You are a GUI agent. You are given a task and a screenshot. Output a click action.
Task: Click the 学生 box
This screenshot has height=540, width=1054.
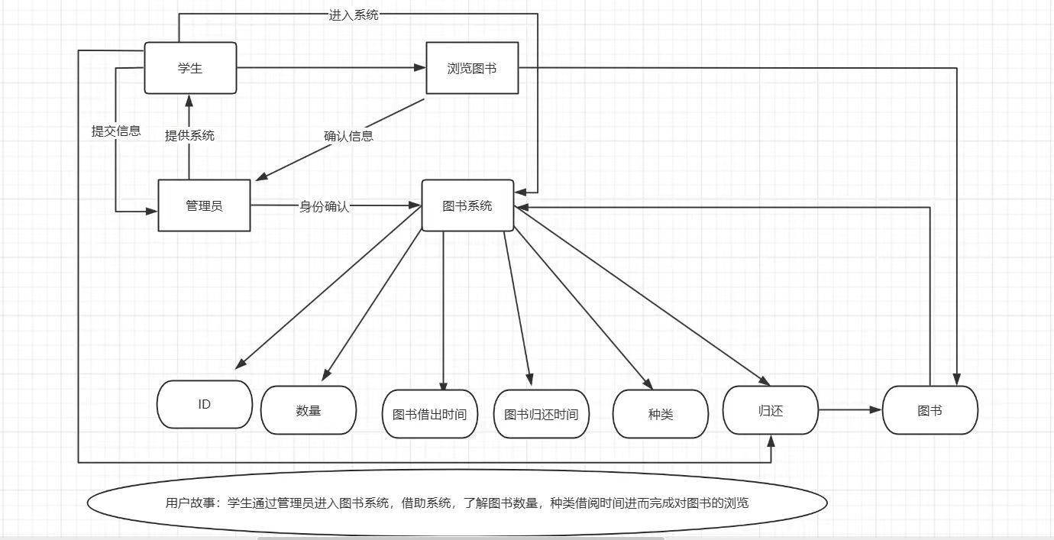pyautogui.click(x=190, y=69)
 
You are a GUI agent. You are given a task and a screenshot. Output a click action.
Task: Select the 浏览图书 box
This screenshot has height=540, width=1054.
pyautogui.click(x=471, y=69)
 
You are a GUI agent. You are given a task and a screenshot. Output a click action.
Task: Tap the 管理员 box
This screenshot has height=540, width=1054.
pyautogui.click(x=204, y=205)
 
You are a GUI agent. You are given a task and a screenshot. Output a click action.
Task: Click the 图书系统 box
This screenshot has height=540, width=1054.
pyautogui.click(x=467, y=205)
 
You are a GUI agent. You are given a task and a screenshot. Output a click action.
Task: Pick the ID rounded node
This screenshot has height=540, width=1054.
pyautogui.click(x=205, y=404)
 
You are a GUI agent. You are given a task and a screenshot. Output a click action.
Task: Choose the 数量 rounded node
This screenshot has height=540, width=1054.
pyautogui.click(x=309, y=410)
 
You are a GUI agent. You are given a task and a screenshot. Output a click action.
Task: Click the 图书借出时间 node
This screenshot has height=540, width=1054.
pyautogui.click(x=429, y=414)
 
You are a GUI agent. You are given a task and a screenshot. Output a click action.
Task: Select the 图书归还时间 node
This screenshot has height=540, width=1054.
pyautogui.click(x=542, y=414)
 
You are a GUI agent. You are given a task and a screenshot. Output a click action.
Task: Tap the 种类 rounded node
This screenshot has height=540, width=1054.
pyautogui.click(x=660, y=414)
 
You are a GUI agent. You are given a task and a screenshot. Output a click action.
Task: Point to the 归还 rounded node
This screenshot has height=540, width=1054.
pyautogui.click(x=771, y=411)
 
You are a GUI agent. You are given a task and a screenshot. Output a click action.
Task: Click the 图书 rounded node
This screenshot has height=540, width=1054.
pyautogui.click(x=930, y=410)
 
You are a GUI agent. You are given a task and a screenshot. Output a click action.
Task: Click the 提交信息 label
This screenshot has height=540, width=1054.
pyautogui.click(x=116, y=131)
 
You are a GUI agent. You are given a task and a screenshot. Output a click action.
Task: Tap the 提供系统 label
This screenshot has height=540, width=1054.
pyautogui.click(x=189, y=135)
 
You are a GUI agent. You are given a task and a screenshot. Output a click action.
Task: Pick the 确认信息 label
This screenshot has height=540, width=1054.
pyautogui.click(x=348, y=136)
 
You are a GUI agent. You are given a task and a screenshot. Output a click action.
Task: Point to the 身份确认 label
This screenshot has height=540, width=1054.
pyautogui.click(x=324, y=205)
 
